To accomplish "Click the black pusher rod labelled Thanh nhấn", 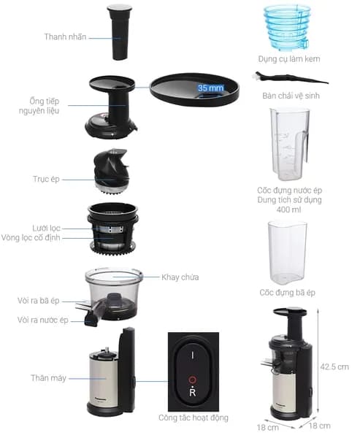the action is [x=120, y=32].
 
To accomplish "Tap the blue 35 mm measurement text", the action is [x=211, y=88].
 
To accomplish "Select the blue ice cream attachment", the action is [x=287, y=28].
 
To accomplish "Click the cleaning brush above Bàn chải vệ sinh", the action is [x=291, y=78].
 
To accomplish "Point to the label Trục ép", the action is [x=47, y=179].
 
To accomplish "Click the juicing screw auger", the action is [x=112, y=171].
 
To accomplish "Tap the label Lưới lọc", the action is [x=47, y=228].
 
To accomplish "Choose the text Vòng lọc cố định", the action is [x=31, y=238].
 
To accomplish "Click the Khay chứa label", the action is [x=180, y=277].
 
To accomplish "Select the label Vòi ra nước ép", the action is [x=43, y=320].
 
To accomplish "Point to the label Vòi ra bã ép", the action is [x=39, y=301].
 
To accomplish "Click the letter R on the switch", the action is [x=193, y=393].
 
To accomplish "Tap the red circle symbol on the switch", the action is [x=192, y=380].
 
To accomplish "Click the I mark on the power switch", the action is [x=192, y=356].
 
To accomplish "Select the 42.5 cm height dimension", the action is [x=334, y=366].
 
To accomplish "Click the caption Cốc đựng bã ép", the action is [x=287, y=293].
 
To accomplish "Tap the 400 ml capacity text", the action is [x=289, y=210].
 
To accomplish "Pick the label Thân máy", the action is [x=48, y=378].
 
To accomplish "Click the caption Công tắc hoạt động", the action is [x=194, y=418].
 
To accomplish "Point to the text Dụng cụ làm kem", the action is [x=289, y=59].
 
